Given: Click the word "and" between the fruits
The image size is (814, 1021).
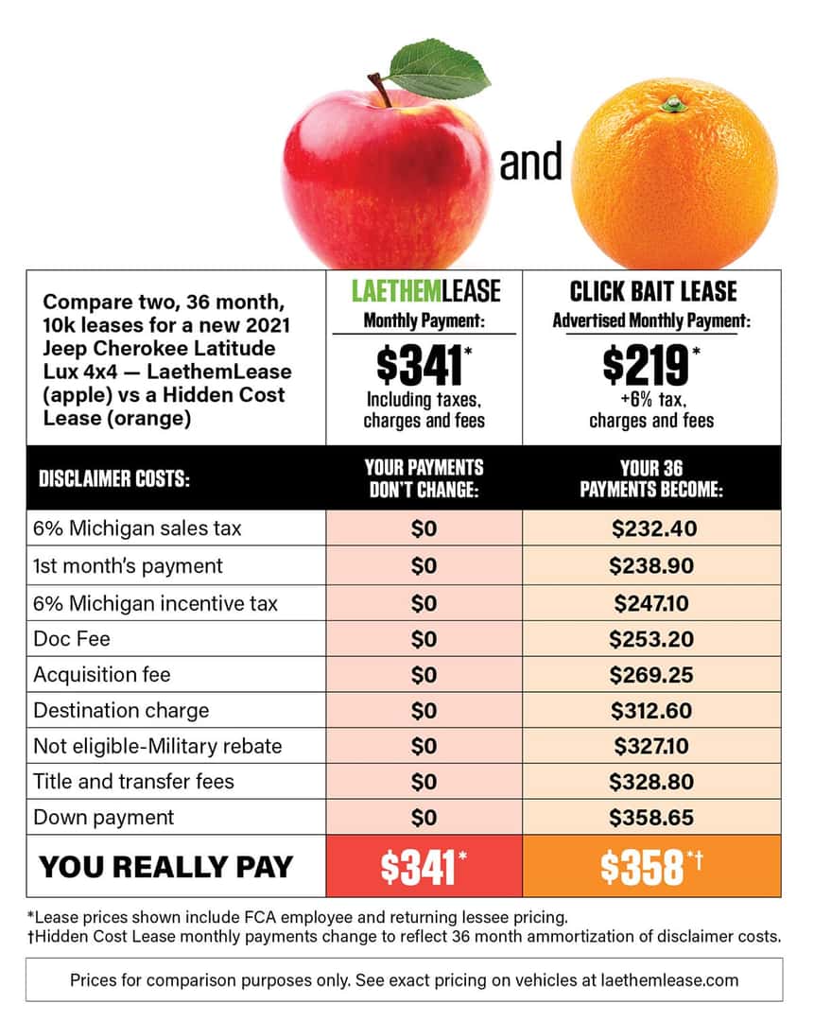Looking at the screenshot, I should coord(530,162).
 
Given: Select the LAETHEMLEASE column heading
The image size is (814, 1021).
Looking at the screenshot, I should coord(424,290).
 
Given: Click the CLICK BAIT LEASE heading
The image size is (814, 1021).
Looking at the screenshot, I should coord(652,290).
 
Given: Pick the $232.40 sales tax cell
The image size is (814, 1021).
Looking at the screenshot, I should coord(652,528).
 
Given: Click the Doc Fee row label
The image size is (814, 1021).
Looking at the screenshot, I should coord(72,639).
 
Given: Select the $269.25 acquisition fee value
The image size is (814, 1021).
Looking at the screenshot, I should coord(652,675).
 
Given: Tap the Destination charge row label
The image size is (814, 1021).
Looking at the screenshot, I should coord(121,711).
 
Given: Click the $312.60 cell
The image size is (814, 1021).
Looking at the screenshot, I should coord(652,711).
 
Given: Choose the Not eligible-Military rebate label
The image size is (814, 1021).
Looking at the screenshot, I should coord(157,746).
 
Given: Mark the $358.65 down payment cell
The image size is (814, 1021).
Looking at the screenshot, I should coord(652,817).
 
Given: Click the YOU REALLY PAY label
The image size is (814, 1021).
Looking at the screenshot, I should coord(165,867).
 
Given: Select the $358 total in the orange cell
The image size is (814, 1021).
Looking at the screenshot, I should coord(643,867).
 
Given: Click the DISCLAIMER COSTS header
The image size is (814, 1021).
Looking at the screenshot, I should coord(114,479).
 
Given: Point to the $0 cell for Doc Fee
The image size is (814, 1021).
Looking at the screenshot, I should coord(424,639).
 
